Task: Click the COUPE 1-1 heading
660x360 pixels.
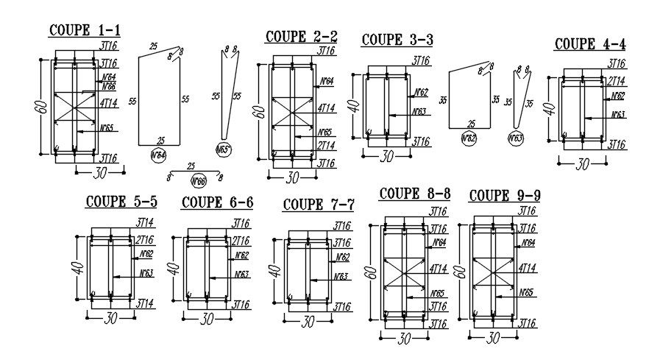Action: click(x=85, y=30)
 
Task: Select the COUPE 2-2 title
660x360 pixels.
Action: click(x=302, y=36)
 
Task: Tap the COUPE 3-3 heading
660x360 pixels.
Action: click(x=397, y=40)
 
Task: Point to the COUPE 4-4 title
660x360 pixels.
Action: click(x=589, y=43)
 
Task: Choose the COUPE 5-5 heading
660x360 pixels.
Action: click(x=121, y=201)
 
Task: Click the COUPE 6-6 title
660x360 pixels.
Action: click(x=217, y=202)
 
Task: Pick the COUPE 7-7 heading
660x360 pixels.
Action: click(x=319, y=204)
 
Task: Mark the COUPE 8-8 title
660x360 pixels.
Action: click(x=414, y=194)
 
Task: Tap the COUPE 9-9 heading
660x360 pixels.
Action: click(x=505, y=195)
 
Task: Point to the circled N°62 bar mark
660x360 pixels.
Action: click(x=468, y=138)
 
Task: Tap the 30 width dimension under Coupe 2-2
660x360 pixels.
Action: click(x=291, y=177)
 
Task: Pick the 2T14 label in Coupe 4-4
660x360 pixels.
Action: click(x=616, y=81)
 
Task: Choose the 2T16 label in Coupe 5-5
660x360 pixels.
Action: click(x=145, y=240)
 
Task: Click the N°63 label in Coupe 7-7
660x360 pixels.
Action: click(x=341, y=277)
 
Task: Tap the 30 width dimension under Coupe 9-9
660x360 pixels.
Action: click(x=493, y=338)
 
